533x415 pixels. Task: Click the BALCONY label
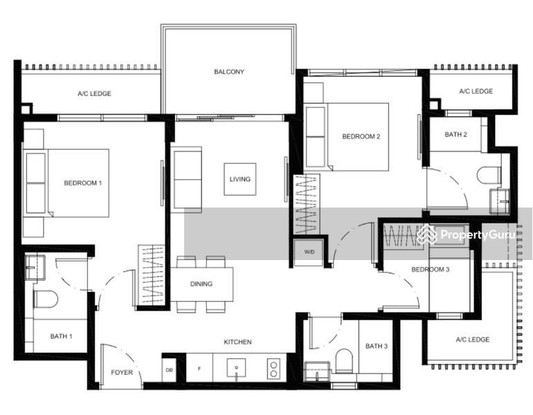click(228, 72)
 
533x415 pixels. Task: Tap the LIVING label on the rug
click(240, 179)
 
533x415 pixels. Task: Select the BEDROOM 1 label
click(83, 183)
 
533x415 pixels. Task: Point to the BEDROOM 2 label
click(361, 137)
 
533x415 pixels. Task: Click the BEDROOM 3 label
click(431, 270)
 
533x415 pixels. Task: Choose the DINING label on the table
click(201, 284)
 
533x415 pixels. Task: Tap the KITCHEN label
click(237, 342)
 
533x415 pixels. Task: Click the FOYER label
click(122, 373)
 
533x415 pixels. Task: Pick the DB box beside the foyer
click(170, 369)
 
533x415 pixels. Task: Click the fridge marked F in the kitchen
click(199, 369)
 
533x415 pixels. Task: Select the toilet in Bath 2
click(489, 174)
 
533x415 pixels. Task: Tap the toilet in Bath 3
click(344, 360)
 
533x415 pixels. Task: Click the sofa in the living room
click(187, 179)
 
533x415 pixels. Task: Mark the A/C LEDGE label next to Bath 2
click(476, 91)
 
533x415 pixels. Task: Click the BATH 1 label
click(61, 337)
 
